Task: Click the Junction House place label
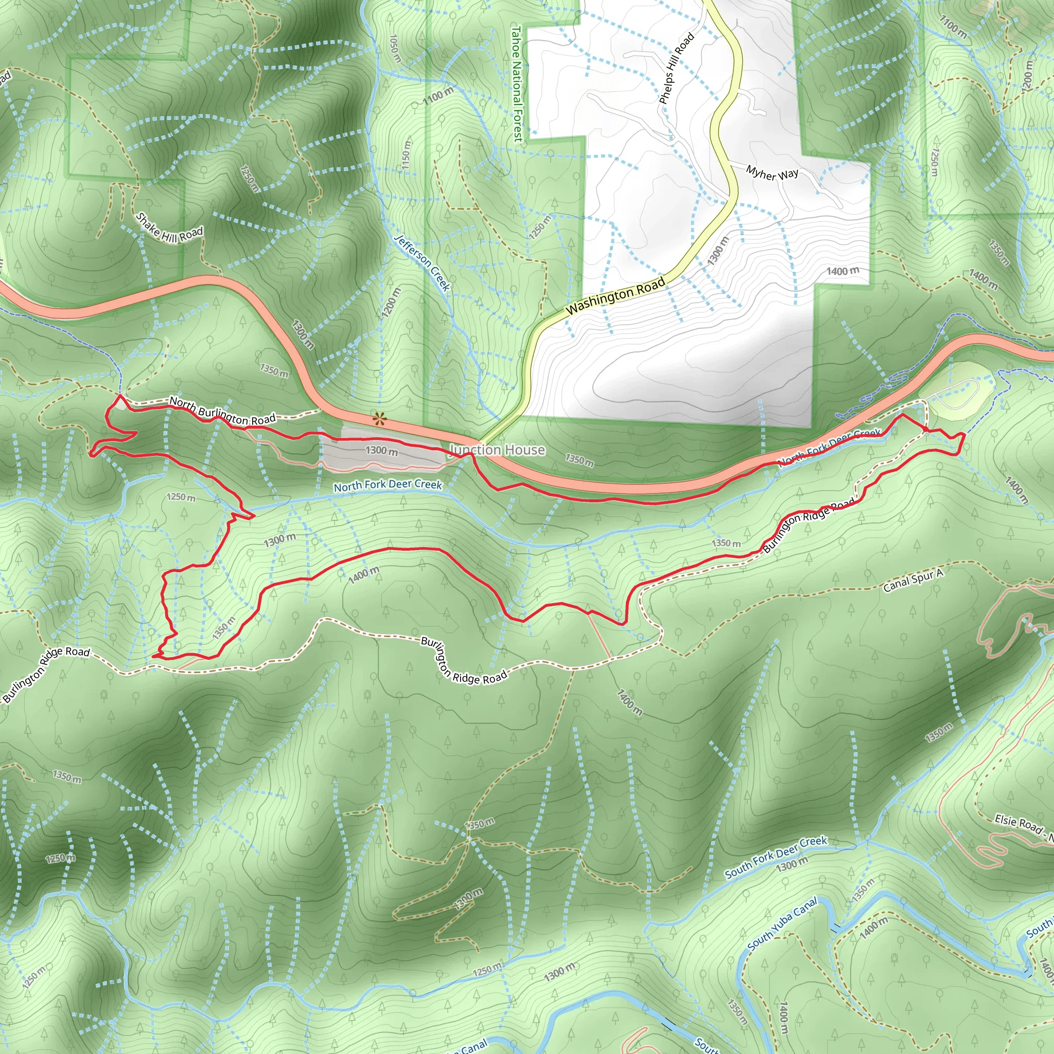(x=497, y=450)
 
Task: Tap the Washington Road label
(x=616, y=296)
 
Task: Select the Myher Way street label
(x=772, y=173)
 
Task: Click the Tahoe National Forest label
(x=516, y=84)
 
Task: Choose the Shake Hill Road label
(x=169, y=229)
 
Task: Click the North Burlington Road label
(x=222, y=411)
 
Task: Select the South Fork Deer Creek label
(x=776, y=857)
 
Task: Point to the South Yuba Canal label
(x=782, y=924)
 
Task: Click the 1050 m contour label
(x=395, y=48)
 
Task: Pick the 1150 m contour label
(x=407, y=157)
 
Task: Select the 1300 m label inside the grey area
(x=382, y=451)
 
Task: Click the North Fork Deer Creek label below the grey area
(x=388, y=485)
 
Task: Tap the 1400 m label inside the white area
(x=842, y=271)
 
